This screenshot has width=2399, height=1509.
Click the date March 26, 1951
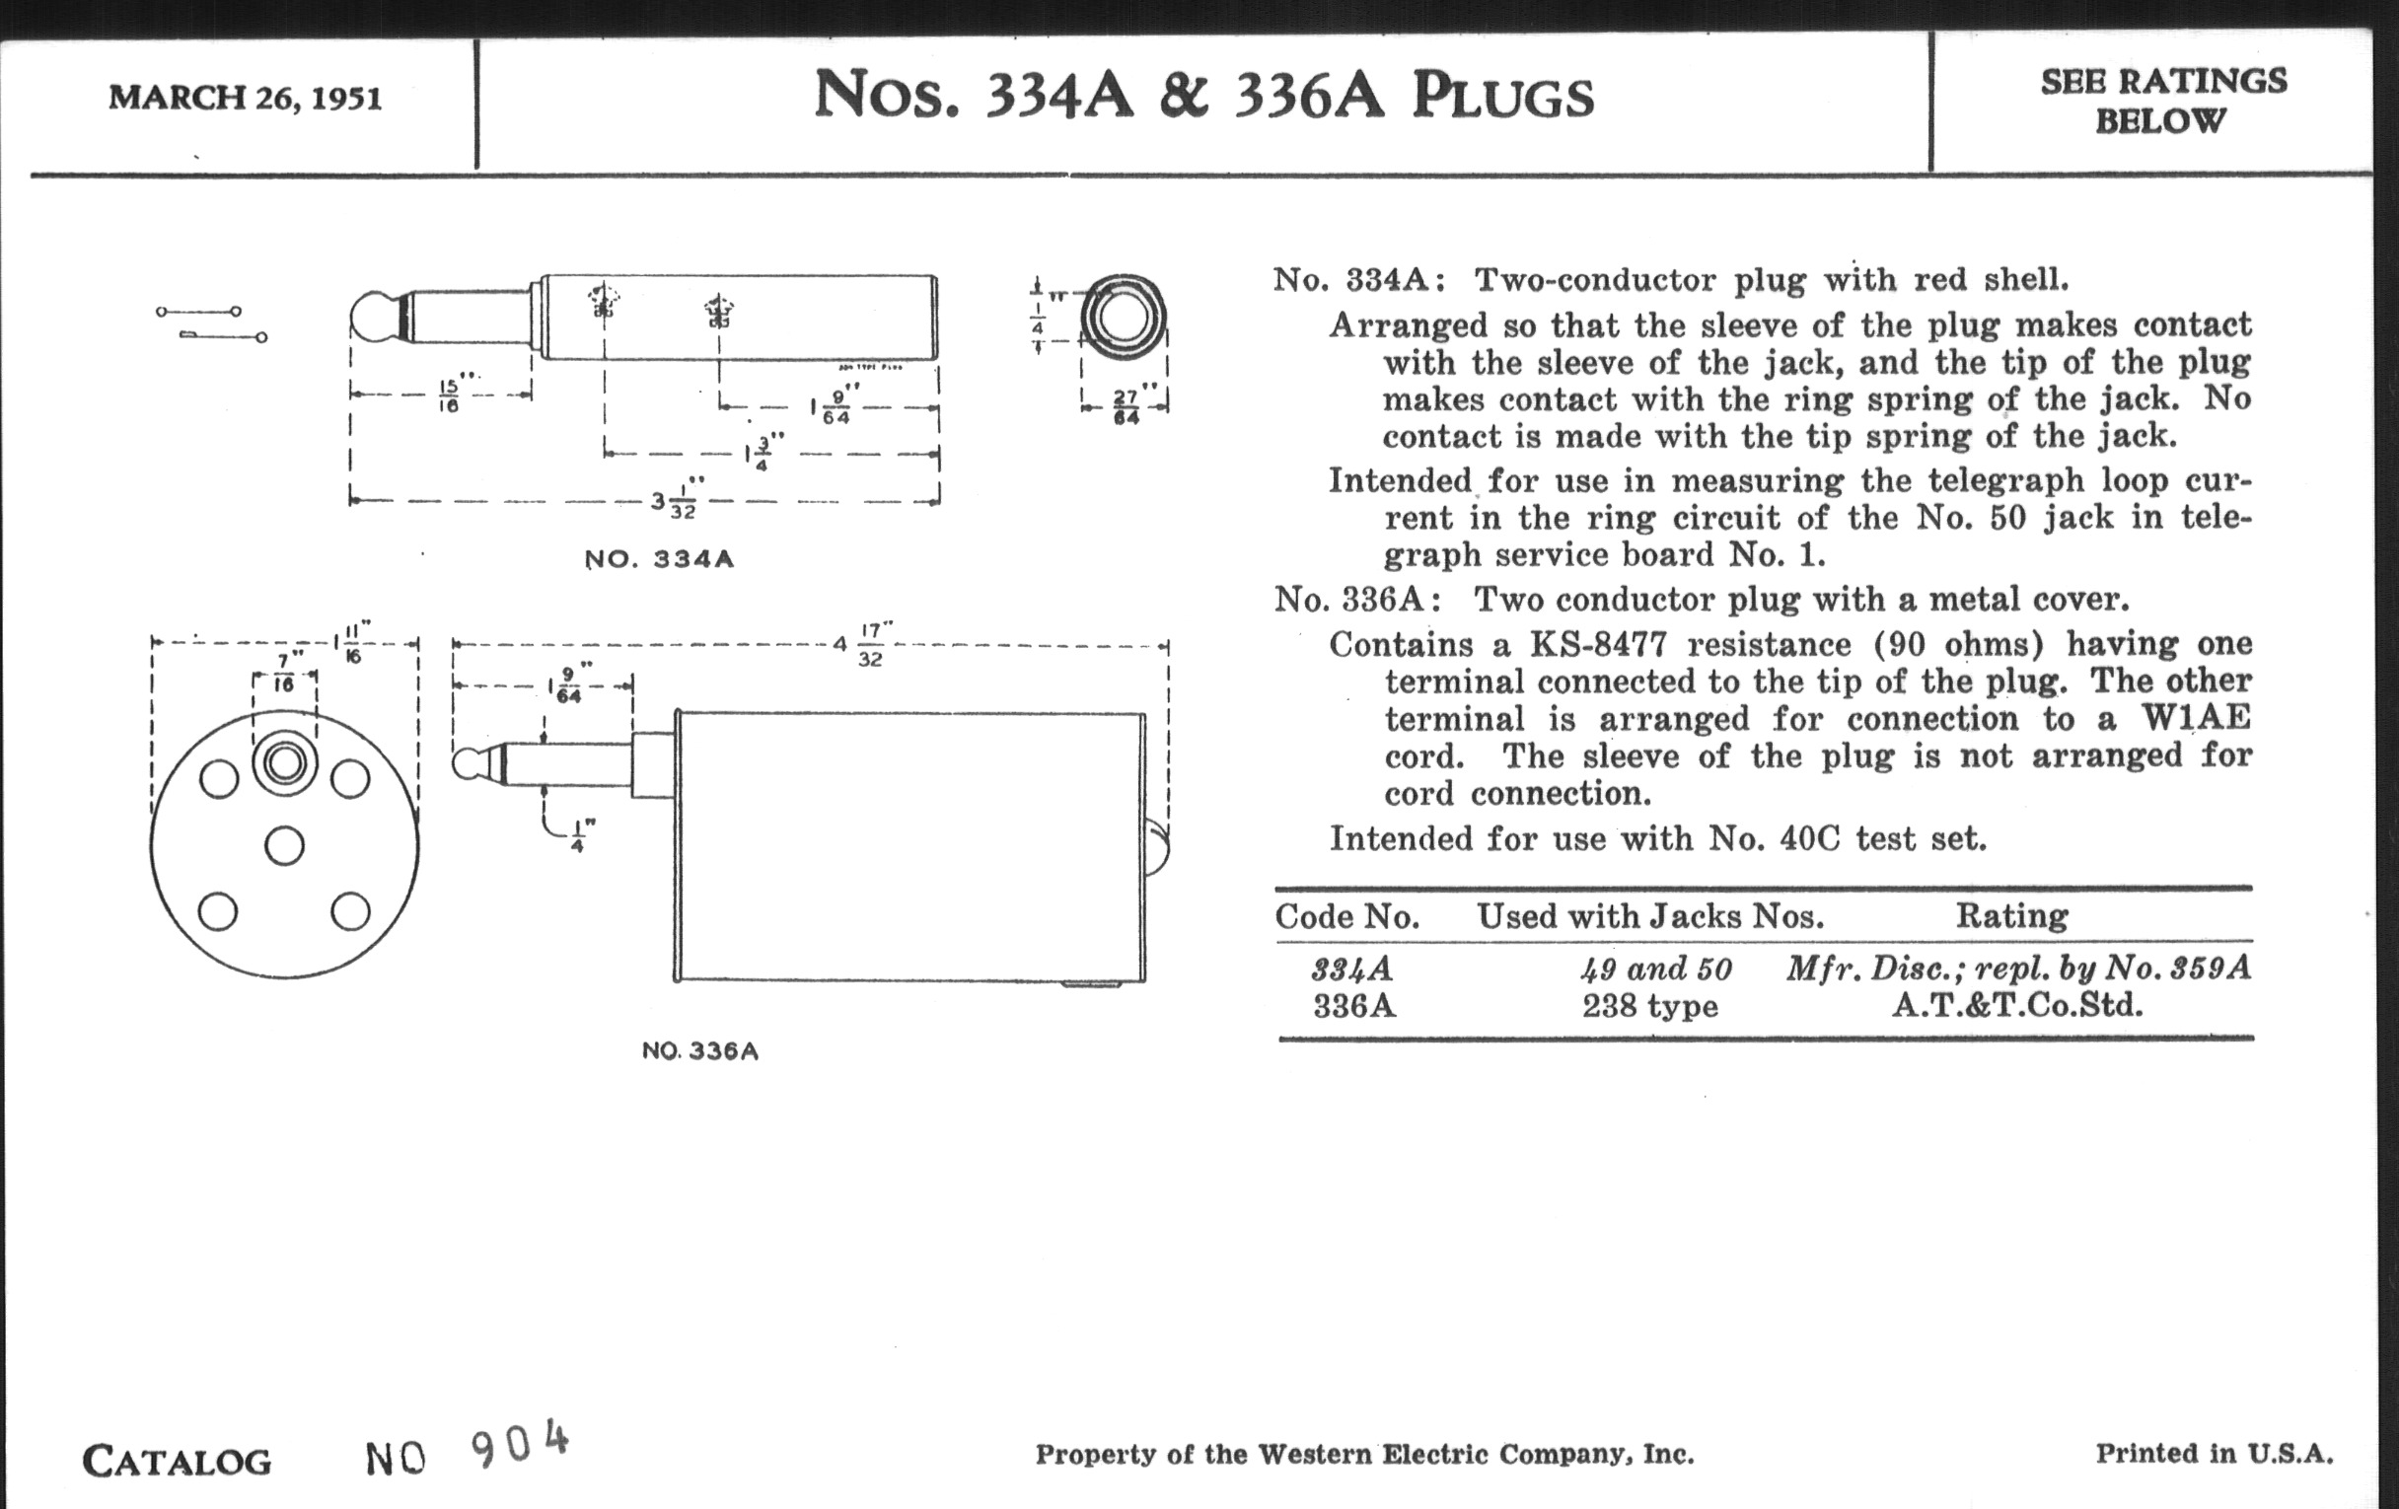(245, 98)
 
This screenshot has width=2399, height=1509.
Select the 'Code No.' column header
(1346, 916)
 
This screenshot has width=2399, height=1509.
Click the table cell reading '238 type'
(1650, 1006)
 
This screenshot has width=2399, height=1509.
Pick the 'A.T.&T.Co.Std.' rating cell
(2017, 1005)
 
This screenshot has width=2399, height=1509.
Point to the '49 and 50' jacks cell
(1656, 969)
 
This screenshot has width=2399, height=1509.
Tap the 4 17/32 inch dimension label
(863, 644)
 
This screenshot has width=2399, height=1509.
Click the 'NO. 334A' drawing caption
(660, 559)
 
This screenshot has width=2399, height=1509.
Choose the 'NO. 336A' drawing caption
(700, 1050)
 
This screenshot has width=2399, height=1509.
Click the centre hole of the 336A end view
(285, 845)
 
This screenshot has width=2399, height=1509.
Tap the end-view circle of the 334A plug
(1123, 317)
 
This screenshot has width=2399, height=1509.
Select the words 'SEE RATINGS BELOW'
(2163, 101)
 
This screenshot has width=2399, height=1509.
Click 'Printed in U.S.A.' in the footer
(2214, 1453)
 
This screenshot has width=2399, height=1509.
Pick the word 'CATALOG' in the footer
(177, 1462)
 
